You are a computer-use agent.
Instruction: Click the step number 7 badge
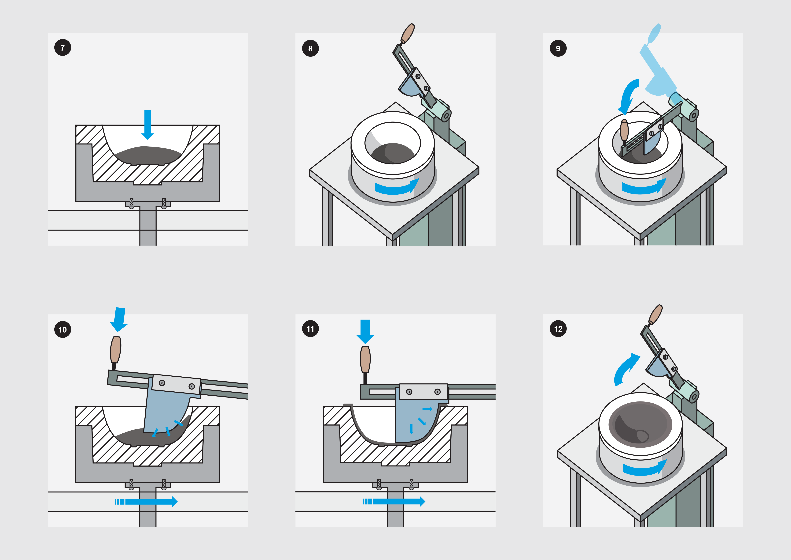[63, 48]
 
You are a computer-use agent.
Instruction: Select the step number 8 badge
[310, 48]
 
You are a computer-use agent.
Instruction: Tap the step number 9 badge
[558, 48]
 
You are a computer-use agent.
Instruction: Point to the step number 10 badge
[63, 329]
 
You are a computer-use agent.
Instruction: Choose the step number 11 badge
[310, 329]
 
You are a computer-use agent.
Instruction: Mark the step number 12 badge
[558, 329]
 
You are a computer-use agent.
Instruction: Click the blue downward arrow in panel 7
[148, 125]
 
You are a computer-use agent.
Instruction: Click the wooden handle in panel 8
[408, 34]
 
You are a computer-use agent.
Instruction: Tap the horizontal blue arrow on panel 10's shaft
[146, 501]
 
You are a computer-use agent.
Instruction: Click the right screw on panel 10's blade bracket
[192, 386]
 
